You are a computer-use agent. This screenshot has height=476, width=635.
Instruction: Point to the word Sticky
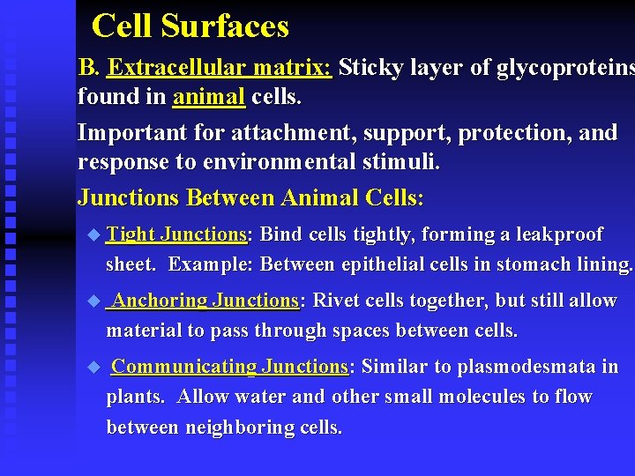click(x=370, y=67)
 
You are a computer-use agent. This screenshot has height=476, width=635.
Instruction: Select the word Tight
click(x=131, y=234)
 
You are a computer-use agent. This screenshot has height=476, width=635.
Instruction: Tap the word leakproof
click(x=559, y=234)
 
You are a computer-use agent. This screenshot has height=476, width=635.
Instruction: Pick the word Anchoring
click(x=160, y=301)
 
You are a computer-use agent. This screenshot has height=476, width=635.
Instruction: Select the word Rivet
click(x=335, y=301)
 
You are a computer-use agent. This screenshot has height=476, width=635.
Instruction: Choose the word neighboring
click(x=237, y=428)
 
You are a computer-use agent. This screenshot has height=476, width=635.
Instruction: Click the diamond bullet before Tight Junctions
click(x=94, y=234)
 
